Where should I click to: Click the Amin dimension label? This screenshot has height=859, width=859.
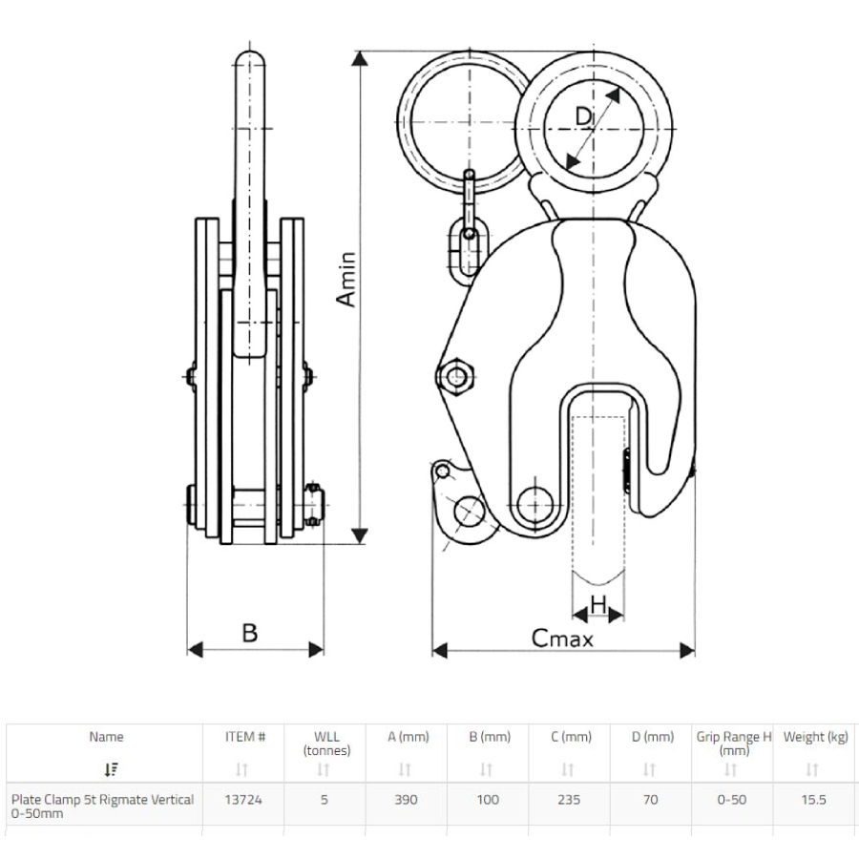(x=346, y=279)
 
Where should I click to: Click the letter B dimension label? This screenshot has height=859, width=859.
(x=250, y=633)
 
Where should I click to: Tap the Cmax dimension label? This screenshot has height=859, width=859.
(x=562, y=639)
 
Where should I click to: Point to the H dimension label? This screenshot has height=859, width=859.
(x=598, y=605)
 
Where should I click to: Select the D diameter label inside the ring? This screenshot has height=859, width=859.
(x=584, y=116)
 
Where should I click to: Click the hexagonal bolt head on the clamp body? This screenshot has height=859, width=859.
(x=456, y=376)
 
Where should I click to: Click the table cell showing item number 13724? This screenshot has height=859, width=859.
(x=243, y=800)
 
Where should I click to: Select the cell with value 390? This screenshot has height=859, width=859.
(x=406, y=800)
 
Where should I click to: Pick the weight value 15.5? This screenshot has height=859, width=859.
(x=813, y=800)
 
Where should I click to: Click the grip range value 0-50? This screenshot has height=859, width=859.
(x=732, y=800)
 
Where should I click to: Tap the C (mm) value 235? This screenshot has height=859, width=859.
(x=569, y=800)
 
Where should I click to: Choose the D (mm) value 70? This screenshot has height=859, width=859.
(x=650, y=800)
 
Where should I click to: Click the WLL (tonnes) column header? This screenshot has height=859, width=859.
(x=326, y=744)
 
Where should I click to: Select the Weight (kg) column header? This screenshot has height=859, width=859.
(x=816, y=737)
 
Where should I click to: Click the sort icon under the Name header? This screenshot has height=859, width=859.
(x=112, y=769)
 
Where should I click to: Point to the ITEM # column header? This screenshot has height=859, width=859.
(x=245, y=737)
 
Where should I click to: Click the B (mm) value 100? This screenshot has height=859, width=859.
(x=488, y=800)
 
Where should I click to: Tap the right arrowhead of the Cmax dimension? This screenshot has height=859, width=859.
(x=687, y=651)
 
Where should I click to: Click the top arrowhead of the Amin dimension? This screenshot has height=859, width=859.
(x=360, y=58)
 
